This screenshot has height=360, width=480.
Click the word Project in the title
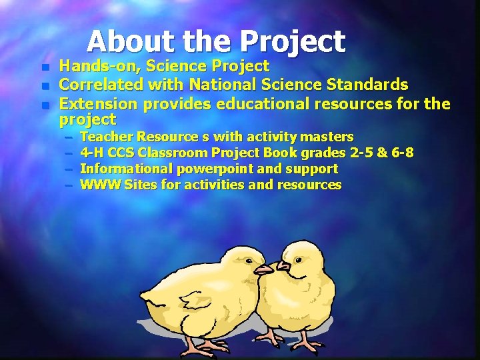pyautogui.click(x=293, y=41)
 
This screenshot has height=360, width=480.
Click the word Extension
pyautogui.click(x=98, y=104)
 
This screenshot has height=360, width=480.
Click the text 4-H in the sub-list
pyautogui.click(x=92, y=153)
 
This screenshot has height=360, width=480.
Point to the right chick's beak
pyautogui.click(x=283, y=267)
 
